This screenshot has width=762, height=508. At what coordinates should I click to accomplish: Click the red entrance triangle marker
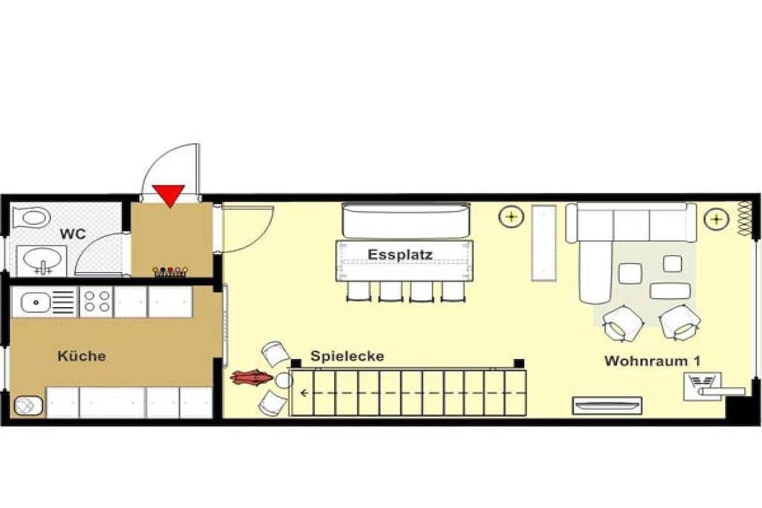[169, 194]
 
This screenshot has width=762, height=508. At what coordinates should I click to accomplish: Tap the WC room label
[73, 234]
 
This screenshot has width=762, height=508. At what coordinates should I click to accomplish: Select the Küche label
[82, 356]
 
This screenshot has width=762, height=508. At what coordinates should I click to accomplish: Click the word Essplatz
[400, 254]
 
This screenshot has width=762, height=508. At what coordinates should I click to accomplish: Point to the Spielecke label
[348, 356]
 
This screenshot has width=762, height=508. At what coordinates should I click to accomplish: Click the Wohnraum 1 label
[652, 361]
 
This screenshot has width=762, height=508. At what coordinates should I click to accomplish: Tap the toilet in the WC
[31, 217]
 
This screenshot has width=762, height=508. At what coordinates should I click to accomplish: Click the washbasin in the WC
[42, 260]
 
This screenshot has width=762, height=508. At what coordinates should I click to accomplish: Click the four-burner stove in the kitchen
[96, 301]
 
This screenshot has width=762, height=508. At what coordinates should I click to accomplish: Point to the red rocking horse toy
[252, 377]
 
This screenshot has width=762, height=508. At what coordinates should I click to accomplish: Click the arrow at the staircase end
[305, 393]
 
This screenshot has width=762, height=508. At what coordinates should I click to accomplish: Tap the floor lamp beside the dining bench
[511, 216]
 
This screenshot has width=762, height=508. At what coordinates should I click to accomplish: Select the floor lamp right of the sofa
[717, 219]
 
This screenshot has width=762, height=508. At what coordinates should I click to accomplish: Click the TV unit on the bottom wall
[607, 405]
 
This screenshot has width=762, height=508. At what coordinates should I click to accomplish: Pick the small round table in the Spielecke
[284, 380]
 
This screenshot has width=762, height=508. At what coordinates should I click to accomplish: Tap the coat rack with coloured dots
[170, 271]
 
